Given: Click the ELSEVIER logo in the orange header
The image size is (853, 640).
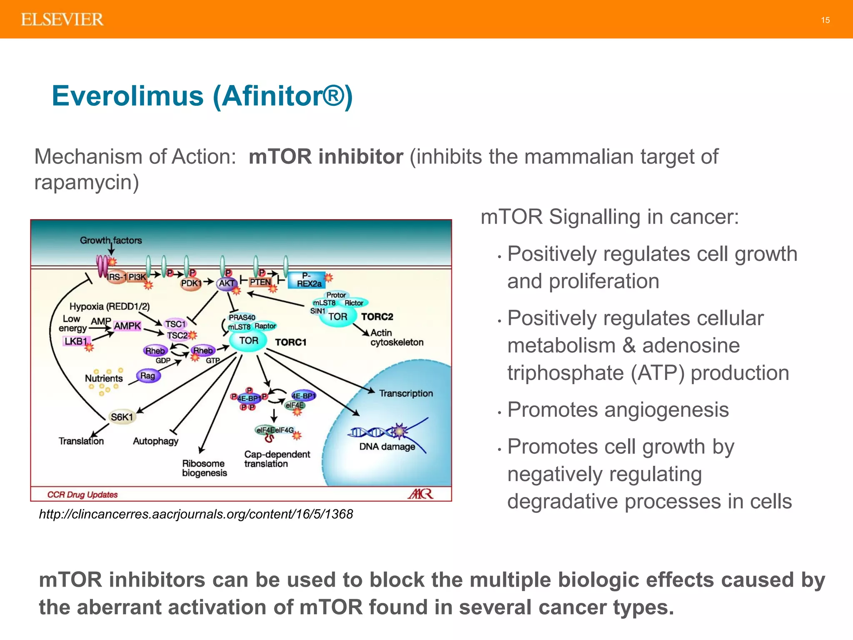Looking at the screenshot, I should pos(62,20).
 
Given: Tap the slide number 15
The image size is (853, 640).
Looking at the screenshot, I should pos(825,20).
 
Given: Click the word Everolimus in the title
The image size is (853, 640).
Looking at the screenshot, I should pos(127,96).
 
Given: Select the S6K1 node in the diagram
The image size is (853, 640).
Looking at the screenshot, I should pos(122,417).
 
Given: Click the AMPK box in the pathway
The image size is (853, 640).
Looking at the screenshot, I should pos(127,326).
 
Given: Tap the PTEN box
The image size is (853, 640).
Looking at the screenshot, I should pos(260,282).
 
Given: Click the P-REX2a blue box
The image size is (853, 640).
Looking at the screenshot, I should pos(308,280).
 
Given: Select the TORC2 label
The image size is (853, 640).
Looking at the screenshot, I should pos(377,317).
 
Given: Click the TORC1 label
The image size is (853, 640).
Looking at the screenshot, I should pos(291,342).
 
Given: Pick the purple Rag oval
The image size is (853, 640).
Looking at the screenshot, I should pos(148,376).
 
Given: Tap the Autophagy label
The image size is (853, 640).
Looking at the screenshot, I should pos(155,441).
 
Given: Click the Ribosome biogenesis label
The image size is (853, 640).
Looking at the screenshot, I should pos(205,468).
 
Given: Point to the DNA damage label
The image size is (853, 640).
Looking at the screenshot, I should pos(387,447).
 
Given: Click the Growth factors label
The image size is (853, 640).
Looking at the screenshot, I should pos(111,240).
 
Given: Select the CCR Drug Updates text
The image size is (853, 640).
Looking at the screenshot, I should pos(82,495).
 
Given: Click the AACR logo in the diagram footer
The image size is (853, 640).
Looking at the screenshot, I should pos(421,494).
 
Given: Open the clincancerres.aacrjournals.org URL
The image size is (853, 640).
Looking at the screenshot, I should pos(196,514).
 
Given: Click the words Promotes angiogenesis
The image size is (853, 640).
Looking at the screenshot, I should pos(618,410).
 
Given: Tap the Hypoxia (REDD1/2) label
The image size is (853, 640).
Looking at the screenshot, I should pos(109,306).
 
